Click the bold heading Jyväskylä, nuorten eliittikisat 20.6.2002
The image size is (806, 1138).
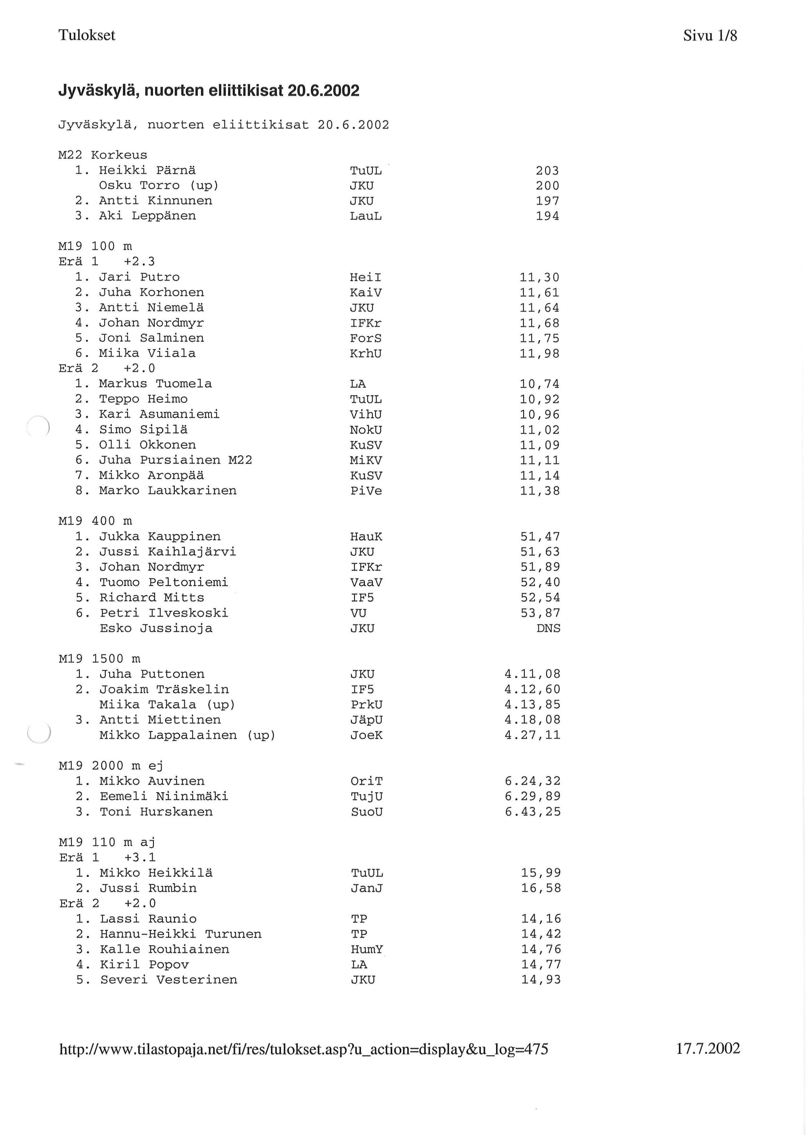(x=209, y=91)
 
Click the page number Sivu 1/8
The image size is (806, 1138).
(x=710, y=36)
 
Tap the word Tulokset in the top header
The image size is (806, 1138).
(x=87, y=35)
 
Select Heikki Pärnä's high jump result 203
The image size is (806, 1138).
(x=547, y=171)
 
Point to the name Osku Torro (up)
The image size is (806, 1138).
(x=159, y=186)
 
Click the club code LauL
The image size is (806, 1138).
(x=366, y=216)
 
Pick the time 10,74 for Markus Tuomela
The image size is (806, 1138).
(x=540, y=384)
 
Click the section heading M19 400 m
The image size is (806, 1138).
(x=95, y=521)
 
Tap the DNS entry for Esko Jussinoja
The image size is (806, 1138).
(x=548, y=629)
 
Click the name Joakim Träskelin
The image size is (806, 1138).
(x=164, y=690)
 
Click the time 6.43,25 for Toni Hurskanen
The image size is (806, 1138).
(x=532, y=812)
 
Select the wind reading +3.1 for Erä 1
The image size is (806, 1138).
(x=140, y=858)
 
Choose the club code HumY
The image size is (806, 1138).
(x=367, y=950)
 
